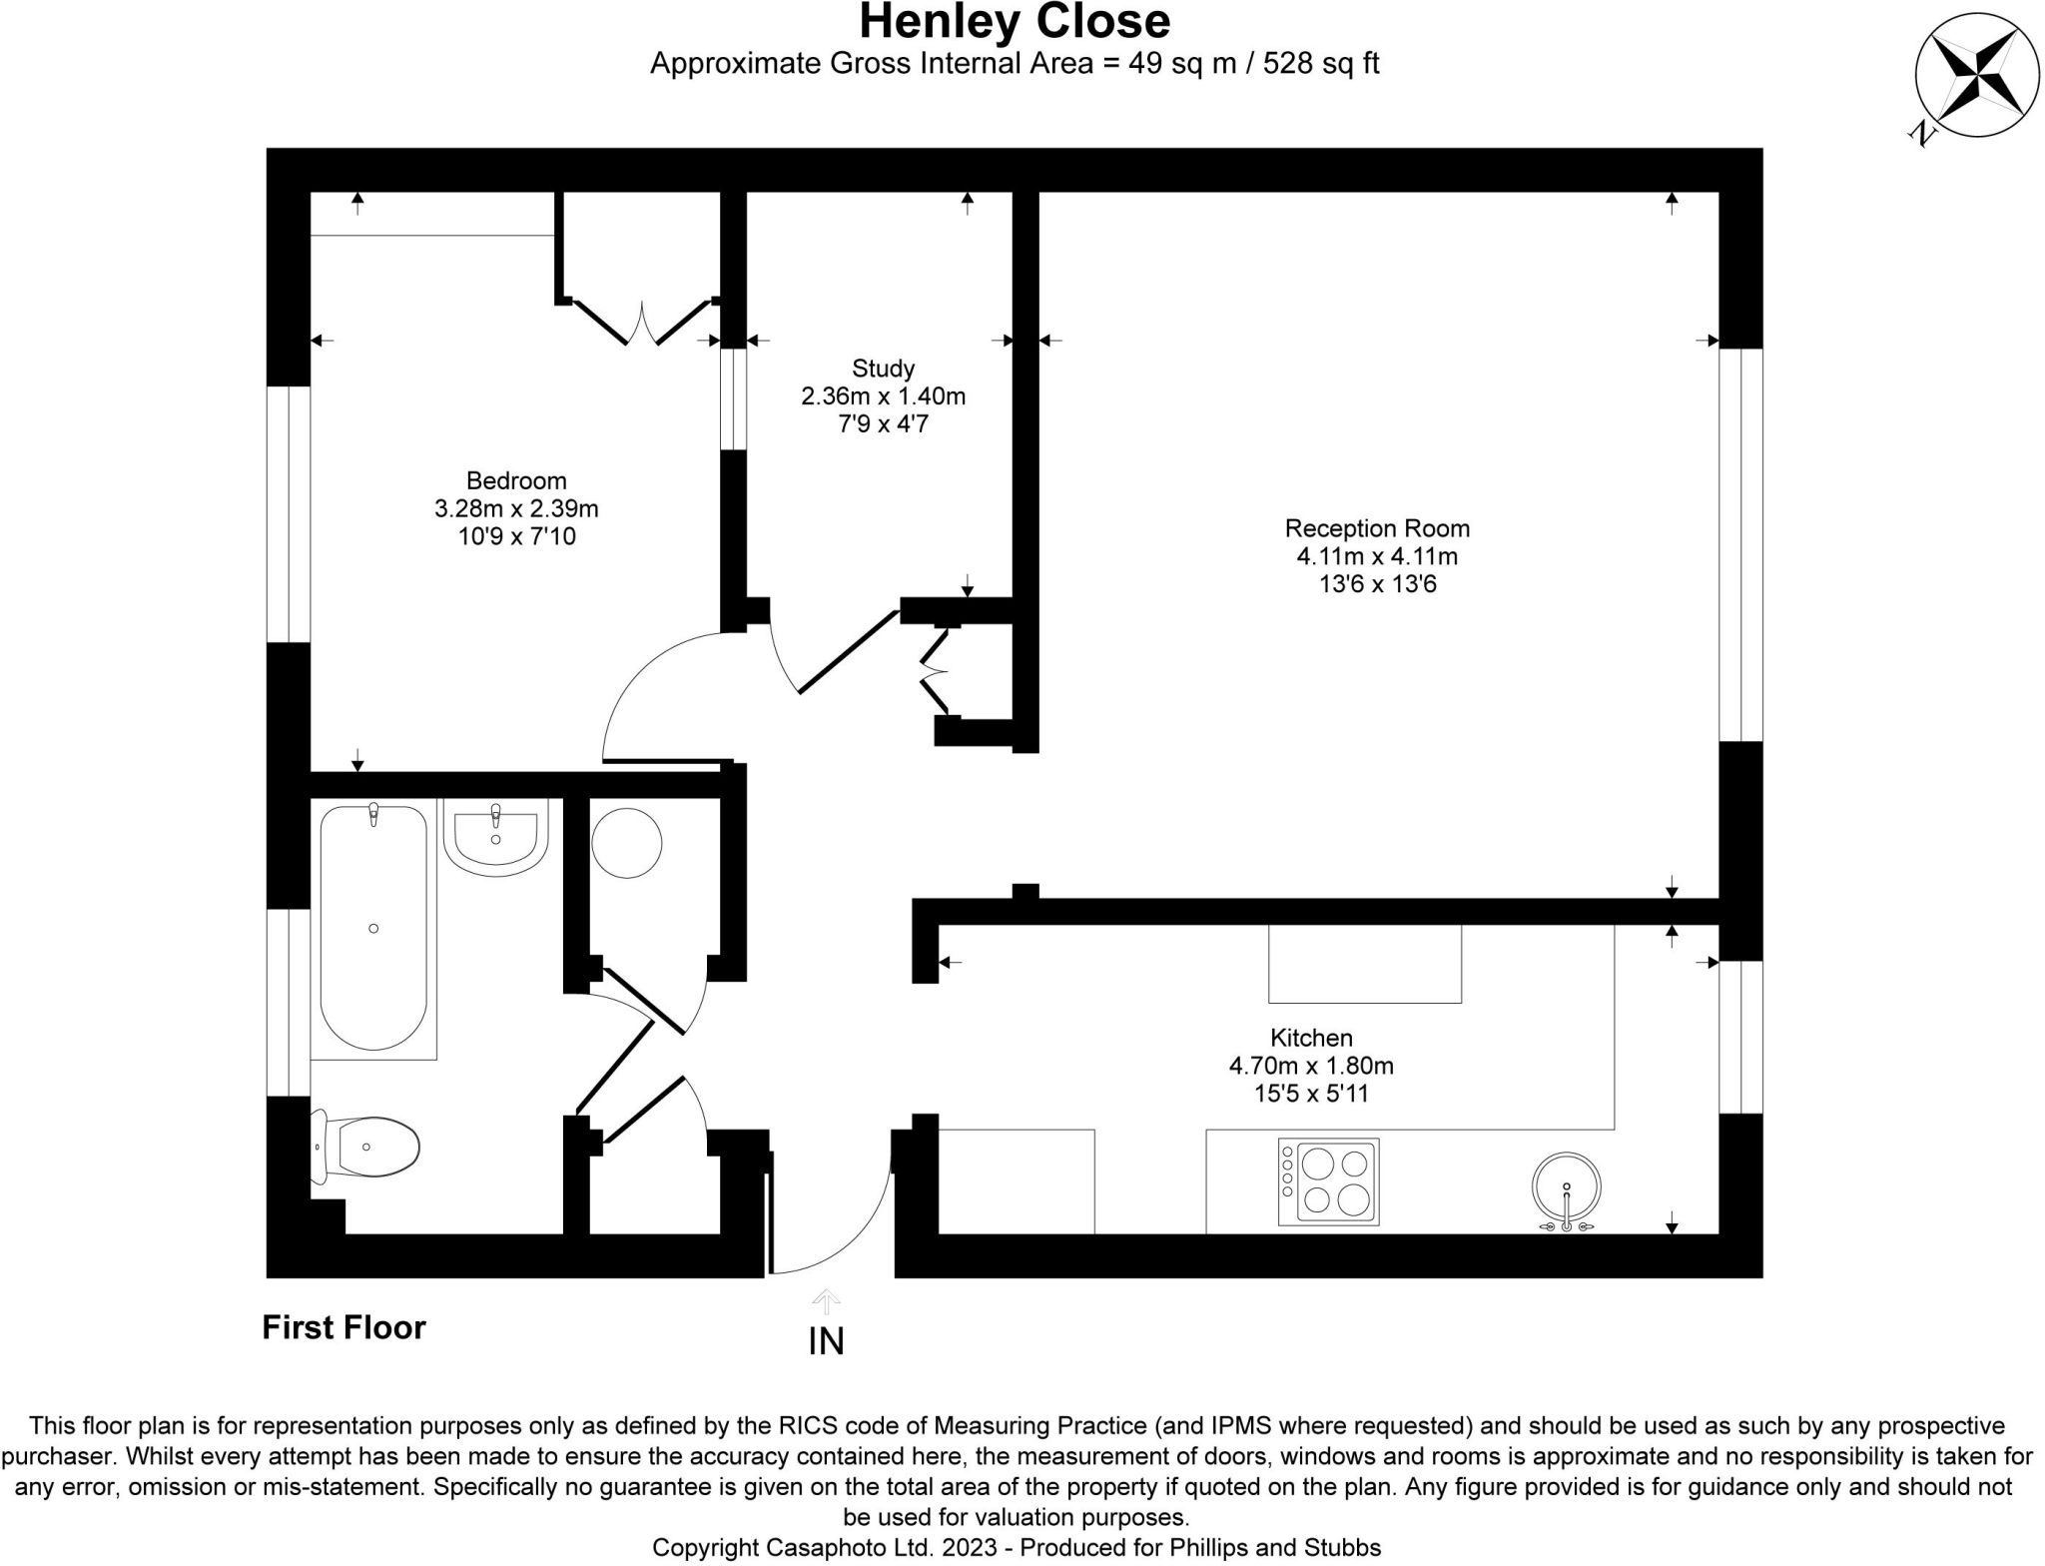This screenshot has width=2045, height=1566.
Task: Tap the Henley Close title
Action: [x=1015, y=21]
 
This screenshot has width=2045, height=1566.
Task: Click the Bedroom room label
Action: [x=516, y=480]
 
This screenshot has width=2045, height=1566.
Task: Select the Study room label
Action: [x=883, y=369]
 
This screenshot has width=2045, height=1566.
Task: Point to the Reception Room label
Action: [x=1377, y=528]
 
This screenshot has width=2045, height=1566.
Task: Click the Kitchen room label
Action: [x=1311, y=1038]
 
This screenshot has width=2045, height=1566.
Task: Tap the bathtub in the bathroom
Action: [x=373, y=927]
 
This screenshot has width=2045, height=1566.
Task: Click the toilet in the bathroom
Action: [x=364, y=1147]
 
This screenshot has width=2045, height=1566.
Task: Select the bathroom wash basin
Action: [x=495, y=837]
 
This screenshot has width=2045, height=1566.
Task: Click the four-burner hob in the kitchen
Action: [x=1328, y=1181]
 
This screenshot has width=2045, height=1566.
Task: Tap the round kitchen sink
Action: [x=1566, y=1188]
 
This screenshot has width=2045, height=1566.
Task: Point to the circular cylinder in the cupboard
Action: [x=626, y=843]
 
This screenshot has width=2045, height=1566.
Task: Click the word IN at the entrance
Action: [x=826, y=1341]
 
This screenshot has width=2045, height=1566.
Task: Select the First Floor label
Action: [x=343, y=1327]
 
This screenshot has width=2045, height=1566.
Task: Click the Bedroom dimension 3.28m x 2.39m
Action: [x=516, y=508]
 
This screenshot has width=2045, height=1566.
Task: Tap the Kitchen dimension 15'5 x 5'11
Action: [x=1311, y=1094]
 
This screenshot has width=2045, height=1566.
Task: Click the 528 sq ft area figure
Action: [x=1321, y=63]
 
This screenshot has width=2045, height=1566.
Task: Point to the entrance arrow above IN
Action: [x=826, y=1301]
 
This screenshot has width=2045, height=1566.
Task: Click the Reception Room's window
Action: [x=1740, y=544]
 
